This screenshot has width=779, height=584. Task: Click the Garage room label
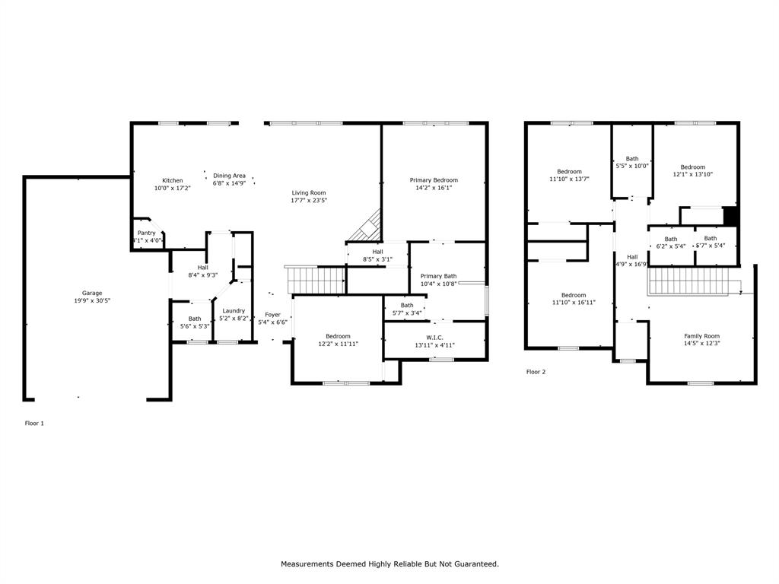92,293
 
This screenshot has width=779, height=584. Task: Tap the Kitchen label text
172,180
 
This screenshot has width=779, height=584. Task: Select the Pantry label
146,233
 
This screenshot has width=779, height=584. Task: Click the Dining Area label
229,175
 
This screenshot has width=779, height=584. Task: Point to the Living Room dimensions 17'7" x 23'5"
309,201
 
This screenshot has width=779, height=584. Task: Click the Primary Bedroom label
434,180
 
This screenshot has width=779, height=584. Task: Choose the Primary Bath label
438,276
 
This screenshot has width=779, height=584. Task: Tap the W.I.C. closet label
434,337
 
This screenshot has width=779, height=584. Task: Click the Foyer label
272,315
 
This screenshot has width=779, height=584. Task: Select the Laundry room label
234,310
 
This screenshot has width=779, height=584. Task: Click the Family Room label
701,336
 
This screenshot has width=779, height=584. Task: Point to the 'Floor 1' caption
35,423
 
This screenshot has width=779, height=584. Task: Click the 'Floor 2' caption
536,372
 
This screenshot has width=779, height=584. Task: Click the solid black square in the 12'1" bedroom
731,216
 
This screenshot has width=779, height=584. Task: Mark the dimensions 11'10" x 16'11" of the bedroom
574,303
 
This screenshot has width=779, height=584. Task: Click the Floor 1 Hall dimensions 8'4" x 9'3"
203,275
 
